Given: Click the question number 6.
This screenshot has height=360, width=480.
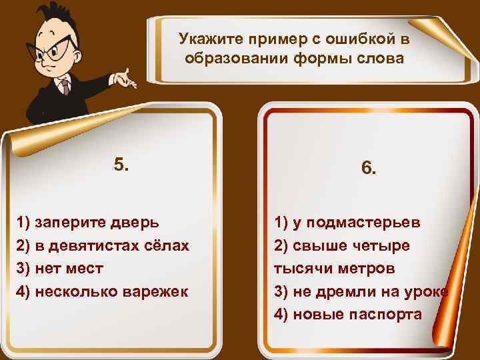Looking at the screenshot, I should coord(369,169).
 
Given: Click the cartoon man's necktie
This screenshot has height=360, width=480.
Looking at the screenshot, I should coord(64,87).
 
